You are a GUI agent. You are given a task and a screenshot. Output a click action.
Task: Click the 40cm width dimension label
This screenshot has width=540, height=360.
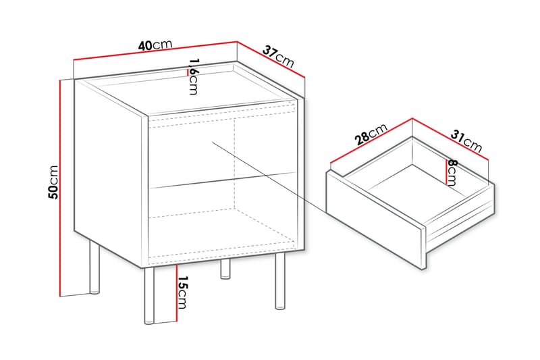[155, 45]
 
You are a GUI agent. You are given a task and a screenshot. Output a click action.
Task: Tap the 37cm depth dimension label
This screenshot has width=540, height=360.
[278, 56]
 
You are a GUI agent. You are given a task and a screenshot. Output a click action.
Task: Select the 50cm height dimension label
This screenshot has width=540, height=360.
[54, 182]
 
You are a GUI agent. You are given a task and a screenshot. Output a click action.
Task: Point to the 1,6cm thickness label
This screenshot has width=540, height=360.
[194, 76]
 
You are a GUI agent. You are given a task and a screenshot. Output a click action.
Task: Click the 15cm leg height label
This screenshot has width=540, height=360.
[182, 292]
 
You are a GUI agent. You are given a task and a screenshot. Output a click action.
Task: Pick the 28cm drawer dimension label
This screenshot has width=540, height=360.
[371, 134]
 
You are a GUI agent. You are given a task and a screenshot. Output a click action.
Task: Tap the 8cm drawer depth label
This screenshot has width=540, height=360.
[452, 174]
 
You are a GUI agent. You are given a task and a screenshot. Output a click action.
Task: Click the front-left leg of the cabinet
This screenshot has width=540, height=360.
[149, 296]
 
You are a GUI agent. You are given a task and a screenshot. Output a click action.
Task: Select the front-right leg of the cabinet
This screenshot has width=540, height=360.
[280, 282]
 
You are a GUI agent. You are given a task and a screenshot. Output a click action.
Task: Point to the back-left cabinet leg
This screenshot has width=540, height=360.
[94, 267]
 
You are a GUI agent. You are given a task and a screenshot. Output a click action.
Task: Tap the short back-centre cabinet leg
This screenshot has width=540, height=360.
[225, 269]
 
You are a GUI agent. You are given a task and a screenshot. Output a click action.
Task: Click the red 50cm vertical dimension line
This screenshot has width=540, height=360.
[60, 188]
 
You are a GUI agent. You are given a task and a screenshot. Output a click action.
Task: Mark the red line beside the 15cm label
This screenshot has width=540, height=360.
[176, 293]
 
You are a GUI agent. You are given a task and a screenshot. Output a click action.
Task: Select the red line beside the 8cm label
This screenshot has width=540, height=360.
[446, 172]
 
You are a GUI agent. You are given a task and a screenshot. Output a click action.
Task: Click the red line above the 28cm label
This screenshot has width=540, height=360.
[371, 140]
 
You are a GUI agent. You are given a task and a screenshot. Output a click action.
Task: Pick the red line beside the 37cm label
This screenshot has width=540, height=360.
[271, 59]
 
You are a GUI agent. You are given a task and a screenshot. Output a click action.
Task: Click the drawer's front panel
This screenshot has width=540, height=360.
[375, 220]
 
